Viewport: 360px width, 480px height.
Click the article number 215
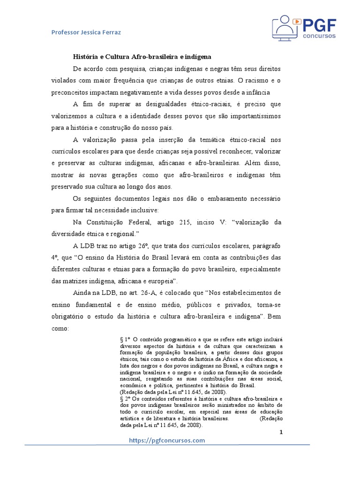186,222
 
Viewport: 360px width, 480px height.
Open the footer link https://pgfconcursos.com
167,440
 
